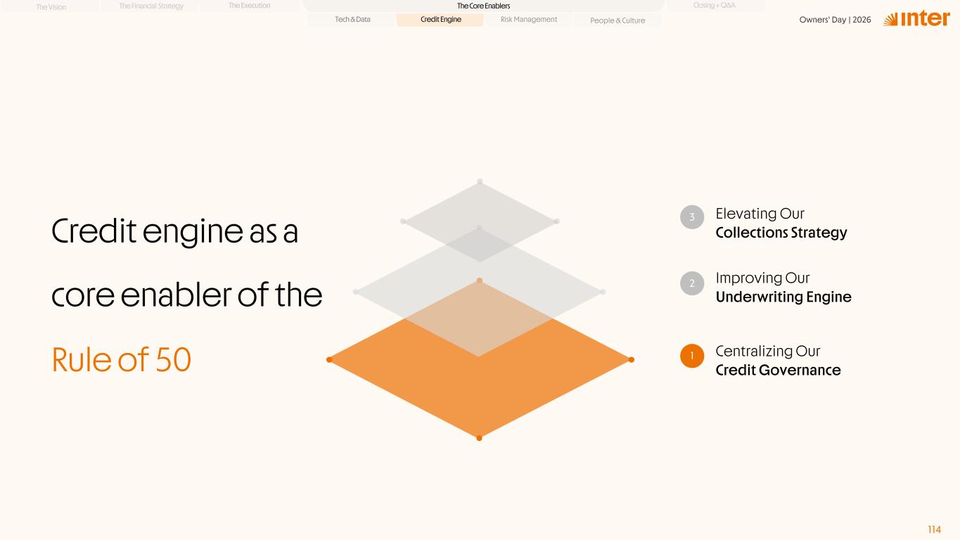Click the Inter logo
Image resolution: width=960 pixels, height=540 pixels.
pyautogui.click(x=916, y=18)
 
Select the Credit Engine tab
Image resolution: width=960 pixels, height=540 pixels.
pyautogui.click(x=440, y=19)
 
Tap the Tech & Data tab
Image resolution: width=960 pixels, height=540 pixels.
pyautogui.click(x=352, y=19)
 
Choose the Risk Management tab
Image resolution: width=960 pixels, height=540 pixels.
pyautogui.click(x=529, y=19)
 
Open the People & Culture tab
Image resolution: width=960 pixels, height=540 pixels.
pyautogui.click(x=617, y=20)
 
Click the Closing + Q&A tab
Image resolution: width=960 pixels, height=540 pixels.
pyautogui.click(x=714, y=6)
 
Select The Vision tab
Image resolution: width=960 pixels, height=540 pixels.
pyautogui.click(x=51, y=7)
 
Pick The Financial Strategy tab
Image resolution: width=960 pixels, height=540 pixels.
pyautogui.click(x=151, y=6)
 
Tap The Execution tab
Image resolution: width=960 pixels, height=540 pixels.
pyautogui.click(x=249, y=6)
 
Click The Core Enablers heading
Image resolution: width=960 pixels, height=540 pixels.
pyautogui.click(x=483, y=6)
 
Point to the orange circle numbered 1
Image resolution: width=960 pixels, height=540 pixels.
pyautogui.click(x=692, y=356)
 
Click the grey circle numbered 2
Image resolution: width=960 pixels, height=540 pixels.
pyautogui.click(x=692, y=283)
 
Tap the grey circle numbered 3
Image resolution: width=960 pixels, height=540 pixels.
pyautogui.click(x=692, y=217)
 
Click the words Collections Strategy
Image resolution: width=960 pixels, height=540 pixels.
pyautogui.click(x=781, y=233)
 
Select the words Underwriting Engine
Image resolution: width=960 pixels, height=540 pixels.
pyautogui.click(x=783, y=297)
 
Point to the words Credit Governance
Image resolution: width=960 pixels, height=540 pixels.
pyautogui.click(x=778, y=370)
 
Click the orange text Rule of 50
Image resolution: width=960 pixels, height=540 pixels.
pyautogui.click(x=121, y=359)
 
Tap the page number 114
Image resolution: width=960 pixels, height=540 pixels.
pyautogui.click(x=934, y=529)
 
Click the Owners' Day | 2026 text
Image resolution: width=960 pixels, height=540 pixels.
pyautogui.click(x=835, y=20)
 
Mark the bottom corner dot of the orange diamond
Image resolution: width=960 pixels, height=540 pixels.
pyautogui.click(x=479, y=437)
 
